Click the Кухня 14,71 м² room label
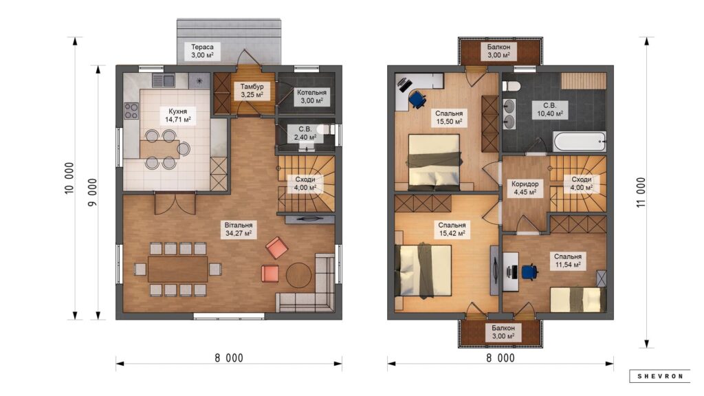[x=178, y=115]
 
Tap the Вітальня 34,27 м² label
[x=239, y=229]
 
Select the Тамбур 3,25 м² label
[x=252, y=91]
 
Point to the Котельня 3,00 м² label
[x=311, y=96]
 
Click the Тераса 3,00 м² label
[x=202, y=51]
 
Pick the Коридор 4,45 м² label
[x=525, y=188]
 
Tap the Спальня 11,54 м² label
[x=567, y=261]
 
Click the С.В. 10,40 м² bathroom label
[x=550, y=109]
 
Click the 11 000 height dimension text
[x=641, y=192]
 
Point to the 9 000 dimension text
[x=92, y=192]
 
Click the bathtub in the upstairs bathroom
[x=580, y=142]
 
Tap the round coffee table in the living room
[x=298, y=275]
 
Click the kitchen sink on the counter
[x=164, y=81]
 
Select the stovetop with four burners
[x=131, y=111]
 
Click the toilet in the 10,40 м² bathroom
[x=511, y=86]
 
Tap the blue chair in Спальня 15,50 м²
[x=417, y=99]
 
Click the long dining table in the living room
[x=178, y=269]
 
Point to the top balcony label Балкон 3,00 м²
[x=498, y=51]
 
